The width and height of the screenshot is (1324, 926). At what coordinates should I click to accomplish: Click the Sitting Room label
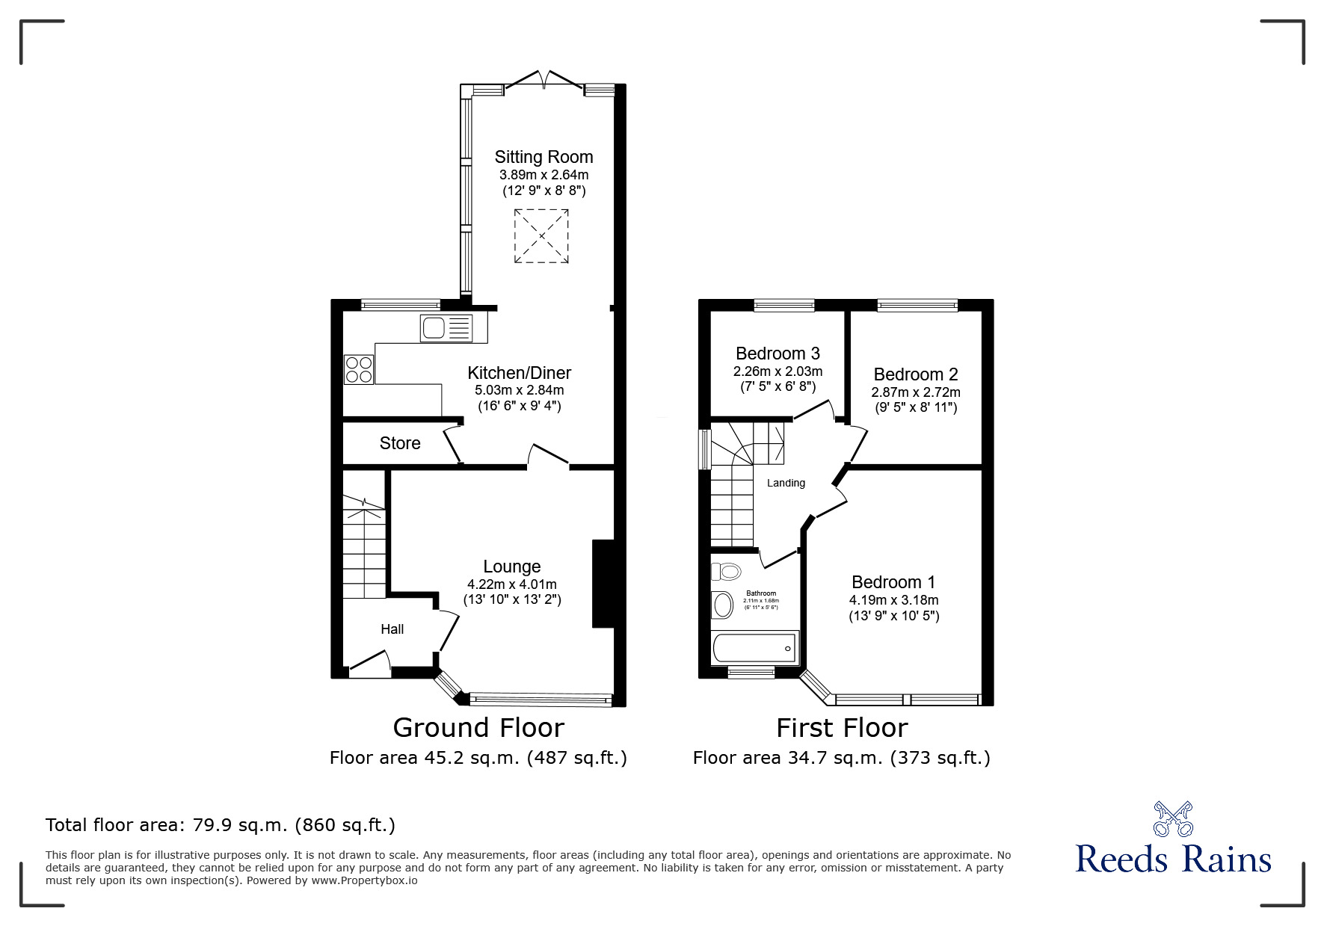tap(544, 157)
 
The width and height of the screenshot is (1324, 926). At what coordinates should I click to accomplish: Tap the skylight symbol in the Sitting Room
tap(541, 236)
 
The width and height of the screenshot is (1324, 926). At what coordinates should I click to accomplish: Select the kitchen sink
tap(446, 328)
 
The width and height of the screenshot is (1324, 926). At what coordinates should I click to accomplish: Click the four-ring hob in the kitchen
tap(359, 368)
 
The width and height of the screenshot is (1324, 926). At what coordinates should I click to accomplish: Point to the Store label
tap(400, 443)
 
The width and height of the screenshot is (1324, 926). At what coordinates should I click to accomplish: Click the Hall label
tap(392, 629)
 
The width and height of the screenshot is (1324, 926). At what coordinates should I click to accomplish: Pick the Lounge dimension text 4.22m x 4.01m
tap(512, 584)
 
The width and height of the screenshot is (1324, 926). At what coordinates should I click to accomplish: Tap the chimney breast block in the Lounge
tap(603, 583)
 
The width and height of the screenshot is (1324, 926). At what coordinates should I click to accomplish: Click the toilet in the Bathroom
tap(724, 572)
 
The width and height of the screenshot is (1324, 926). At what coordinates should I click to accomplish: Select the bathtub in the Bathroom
tap(755, 647)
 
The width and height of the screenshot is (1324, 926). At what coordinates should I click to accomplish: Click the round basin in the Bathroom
tap(723, 605)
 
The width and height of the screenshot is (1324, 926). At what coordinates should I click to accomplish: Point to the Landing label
tap(786, 483)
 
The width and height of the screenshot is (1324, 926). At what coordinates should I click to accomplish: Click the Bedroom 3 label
tap(778, 354)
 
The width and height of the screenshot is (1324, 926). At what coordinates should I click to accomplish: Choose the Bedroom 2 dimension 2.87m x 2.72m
tap(916, 392)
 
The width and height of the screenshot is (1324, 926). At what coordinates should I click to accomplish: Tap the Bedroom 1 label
tap(893, 582)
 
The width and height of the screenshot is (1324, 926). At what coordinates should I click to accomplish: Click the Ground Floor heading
tap(478, 727)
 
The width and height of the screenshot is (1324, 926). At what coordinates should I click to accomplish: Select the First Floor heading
tap(842, 727)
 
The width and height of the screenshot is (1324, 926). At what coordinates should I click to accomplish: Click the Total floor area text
tap(221, 825)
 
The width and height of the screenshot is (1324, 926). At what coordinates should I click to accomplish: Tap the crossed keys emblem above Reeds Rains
tap(1173, 819)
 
